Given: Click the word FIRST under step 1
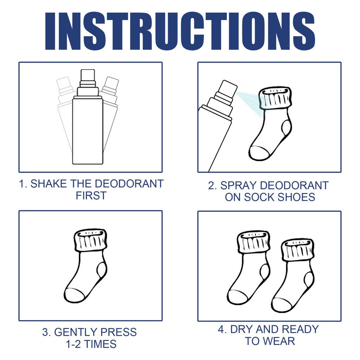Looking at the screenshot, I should coord(91,196).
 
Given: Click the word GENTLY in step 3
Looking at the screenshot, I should coord(76,332).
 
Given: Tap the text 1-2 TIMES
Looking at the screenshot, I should coord(91,344).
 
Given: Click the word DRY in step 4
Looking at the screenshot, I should coord(241,329).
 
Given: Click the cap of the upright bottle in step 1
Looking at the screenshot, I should coord(88,75).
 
